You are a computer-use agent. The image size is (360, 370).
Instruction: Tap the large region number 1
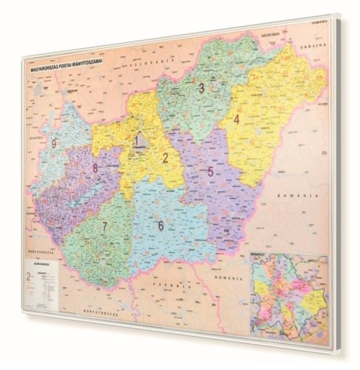[138, 138]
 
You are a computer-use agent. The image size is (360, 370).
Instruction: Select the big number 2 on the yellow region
[166, 158]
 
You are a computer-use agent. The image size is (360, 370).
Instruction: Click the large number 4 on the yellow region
[237, 119]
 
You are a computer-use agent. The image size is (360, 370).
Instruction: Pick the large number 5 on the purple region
[211, 172]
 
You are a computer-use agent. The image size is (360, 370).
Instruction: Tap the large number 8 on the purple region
[96, 168]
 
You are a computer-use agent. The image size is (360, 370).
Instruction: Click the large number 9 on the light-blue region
[55, 144]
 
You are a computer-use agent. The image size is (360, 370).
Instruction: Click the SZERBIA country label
[162, 283]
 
